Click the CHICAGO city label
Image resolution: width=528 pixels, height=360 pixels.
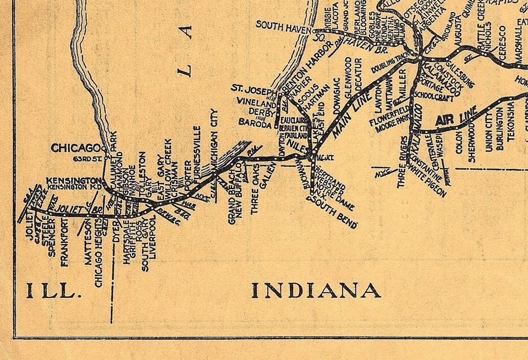75,148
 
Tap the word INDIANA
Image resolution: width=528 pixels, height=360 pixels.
316,290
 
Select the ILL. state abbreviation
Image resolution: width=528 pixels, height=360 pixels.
51,291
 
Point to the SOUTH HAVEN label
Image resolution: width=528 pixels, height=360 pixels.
283,25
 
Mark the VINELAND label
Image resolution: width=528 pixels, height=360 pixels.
256,102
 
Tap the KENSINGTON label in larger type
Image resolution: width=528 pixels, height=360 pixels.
73,180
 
